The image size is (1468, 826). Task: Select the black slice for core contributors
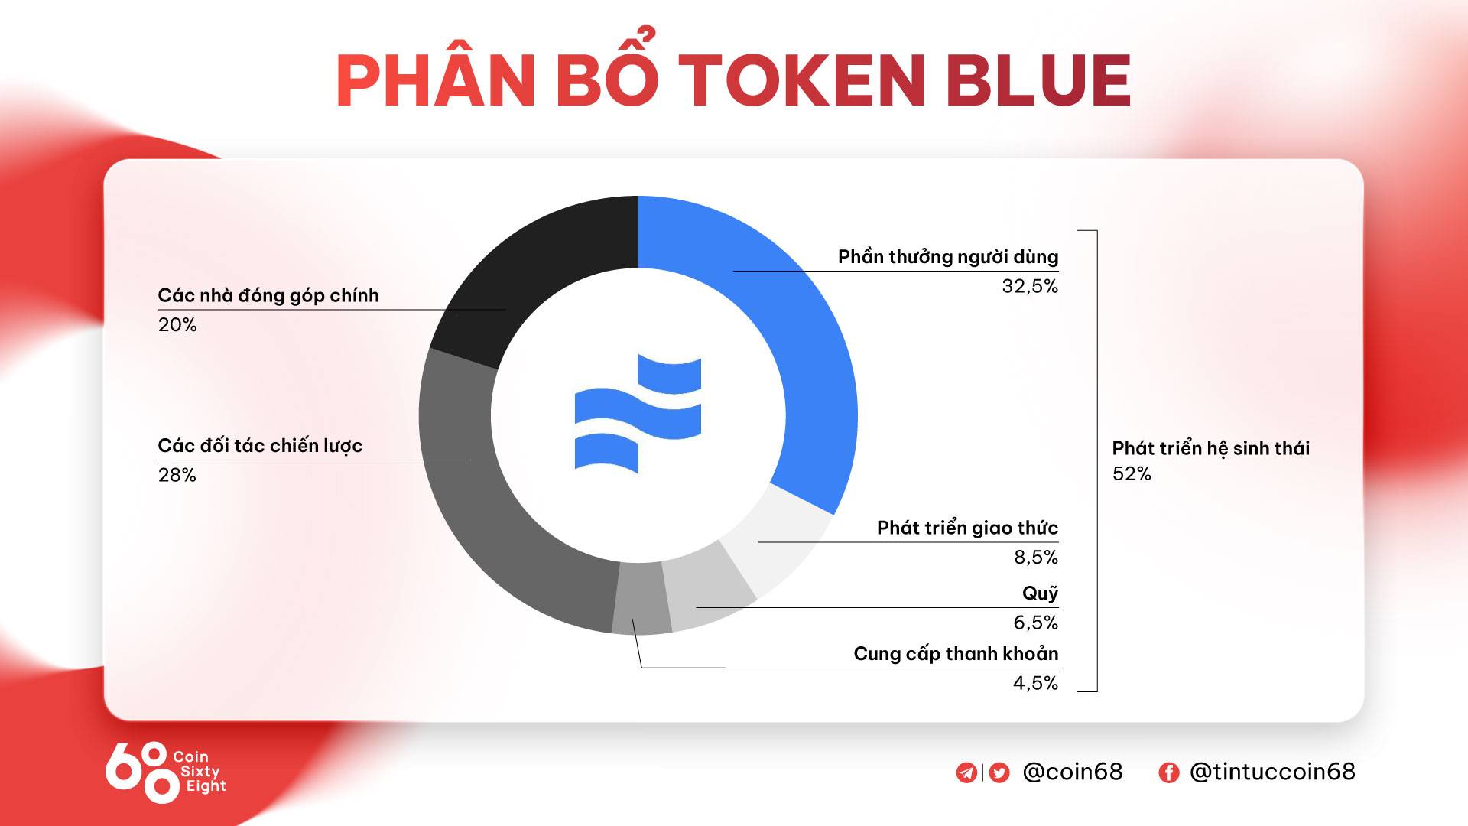point(528,275)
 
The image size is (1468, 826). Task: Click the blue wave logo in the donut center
point(638,414)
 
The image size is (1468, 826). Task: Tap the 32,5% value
point(1030,286)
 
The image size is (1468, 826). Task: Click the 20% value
point(177,325)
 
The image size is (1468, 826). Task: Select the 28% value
point(177,476)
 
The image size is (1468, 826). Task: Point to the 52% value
point(1132,474)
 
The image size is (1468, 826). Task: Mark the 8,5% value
point(1036,558)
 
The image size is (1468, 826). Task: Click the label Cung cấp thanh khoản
point(956,655)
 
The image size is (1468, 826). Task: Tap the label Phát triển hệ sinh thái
point(1211,448)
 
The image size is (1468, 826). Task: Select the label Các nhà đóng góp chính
point(268,296)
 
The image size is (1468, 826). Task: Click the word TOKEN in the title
point(803,80)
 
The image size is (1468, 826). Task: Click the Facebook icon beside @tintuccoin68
point(1168,772)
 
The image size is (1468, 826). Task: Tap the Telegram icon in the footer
point(966,772)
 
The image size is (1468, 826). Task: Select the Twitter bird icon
point(999,772)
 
